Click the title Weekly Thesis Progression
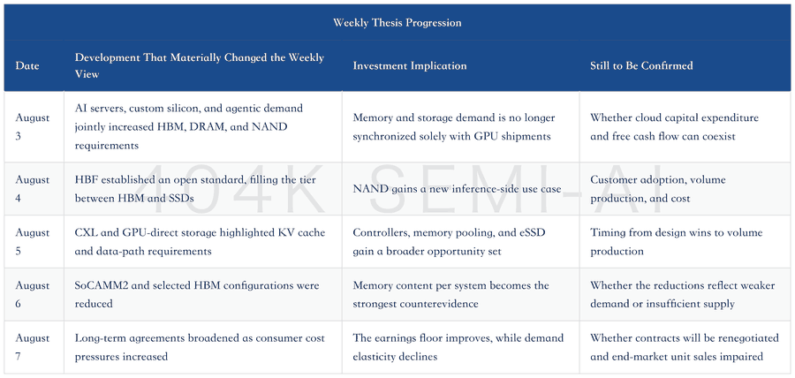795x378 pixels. point(397,23)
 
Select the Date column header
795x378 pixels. point(26,66)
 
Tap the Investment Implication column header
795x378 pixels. point(410,66)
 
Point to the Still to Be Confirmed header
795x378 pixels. point(641,66)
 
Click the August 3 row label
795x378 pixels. point(33,127)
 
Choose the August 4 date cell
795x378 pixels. point(33,188)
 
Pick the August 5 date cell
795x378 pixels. point(33,242)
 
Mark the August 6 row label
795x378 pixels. point(33,294)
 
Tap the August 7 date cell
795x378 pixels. point(33,347)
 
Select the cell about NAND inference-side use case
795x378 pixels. point(457,189)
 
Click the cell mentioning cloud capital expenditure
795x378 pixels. point(674,127)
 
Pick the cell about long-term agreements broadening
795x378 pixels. point(200,347)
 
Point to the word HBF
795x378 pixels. point(84,180)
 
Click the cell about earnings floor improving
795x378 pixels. point(458,347)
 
